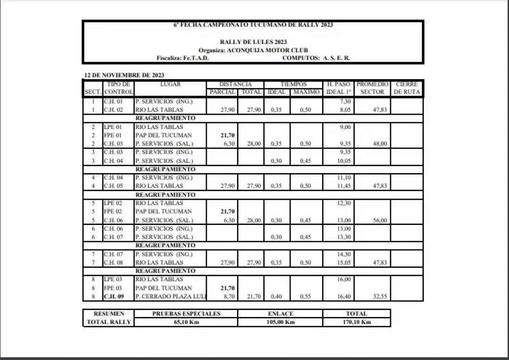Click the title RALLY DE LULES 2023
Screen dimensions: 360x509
pyautogui.click(x=253, y=42)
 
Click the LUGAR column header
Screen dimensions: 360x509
pyautogui.click(x=170, y=84)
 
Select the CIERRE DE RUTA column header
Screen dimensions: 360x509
pyautogui.click(x=407, y=88)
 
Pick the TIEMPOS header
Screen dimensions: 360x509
pyautogui.click(x=293, y=84)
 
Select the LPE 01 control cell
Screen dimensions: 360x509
pyautogui.click(x=112, y=127)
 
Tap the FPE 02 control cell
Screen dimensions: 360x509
pyautogui.click(x=112, y=211)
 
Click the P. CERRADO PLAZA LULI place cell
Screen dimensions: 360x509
pyautogui.click(x=170, y=296)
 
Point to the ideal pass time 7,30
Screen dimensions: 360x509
pyautogui.click(x=345, y=101)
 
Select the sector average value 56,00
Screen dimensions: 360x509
pyautogui.click(x=379, y=220)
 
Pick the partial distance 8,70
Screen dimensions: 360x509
pyautogui.click(x=229, y=296)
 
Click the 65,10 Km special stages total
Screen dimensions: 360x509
pyautogui.click(x=186, y=323)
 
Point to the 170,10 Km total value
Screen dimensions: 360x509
pyautogui.click(x=356, y=323)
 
